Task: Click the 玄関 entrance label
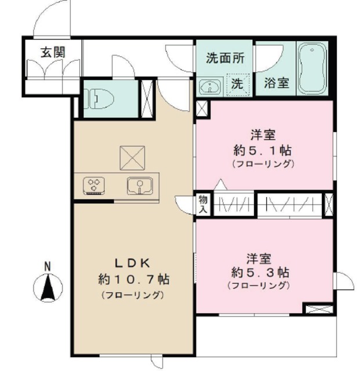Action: [x=52, y=52]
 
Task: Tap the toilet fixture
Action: [x=94, y=99]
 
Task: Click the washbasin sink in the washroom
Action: [x=210, y=86]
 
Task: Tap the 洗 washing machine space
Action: [x=238, y=83]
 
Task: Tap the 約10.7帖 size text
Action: [x=133, y=279]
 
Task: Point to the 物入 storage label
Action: [x=203, y=204]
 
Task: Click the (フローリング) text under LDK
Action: [x=133, y=294]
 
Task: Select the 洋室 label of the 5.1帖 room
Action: [x=263, y=136]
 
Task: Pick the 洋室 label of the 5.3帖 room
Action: [x=259, y=257]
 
